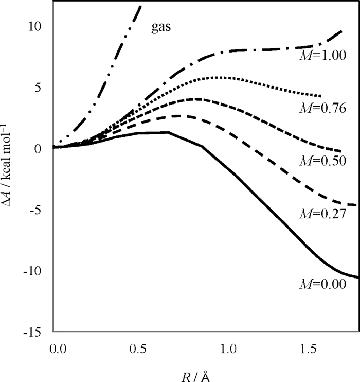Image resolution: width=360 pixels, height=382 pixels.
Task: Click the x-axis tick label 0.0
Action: coord(60,349)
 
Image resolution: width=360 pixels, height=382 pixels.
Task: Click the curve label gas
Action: coord(161,27)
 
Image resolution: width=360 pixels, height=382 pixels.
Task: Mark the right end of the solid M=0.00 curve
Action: coord(358,277)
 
